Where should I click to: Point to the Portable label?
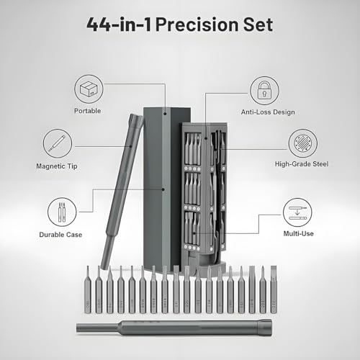(87, 111)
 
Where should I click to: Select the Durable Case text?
(61, 235)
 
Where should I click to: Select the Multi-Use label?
(297, 235)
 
